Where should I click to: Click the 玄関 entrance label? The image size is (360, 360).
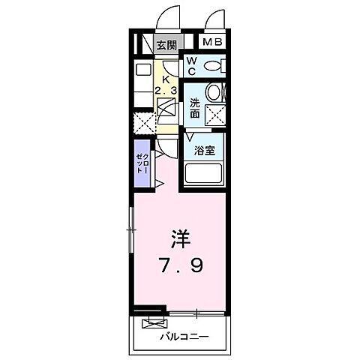(166, 45)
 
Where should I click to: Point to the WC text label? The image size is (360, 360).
(192, 66)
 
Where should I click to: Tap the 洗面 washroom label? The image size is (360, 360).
(195, 109)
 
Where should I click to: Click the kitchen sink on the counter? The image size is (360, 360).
(142, 72)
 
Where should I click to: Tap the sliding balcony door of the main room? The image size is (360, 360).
(196, 311)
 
